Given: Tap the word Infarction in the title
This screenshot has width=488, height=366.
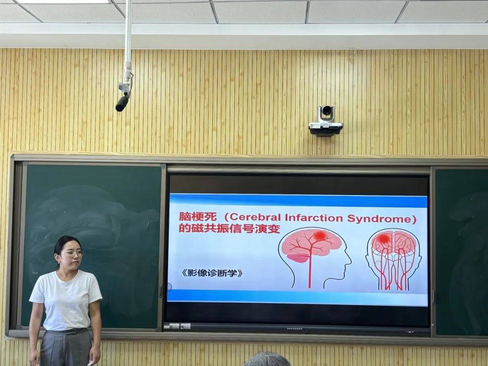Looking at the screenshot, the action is [x=314, y=217].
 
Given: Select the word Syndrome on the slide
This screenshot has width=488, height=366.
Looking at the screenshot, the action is [x=379, y=219].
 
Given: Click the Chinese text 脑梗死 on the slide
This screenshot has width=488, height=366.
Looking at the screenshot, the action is [x=197, y=216].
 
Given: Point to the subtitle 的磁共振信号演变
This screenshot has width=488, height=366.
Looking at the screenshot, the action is [x=230, y=229].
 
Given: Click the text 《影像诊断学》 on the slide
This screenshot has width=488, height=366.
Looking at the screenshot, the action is [x=212, y=273].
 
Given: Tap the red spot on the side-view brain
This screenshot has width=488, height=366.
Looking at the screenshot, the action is [x=319, y=235].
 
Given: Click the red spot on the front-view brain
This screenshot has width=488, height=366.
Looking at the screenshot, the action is [x=385, y=239].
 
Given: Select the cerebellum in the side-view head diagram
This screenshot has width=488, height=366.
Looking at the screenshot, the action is [x=298, y=258].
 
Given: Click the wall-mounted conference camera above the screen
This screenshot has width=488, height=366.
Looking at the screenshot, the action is [x=325, y=121].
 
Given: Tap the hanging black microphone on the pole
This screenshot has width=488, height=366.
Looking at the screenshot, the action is [x=122, y=103].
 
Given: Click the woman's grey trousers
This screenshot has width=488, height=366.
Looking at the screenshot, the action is [x=66, y=347].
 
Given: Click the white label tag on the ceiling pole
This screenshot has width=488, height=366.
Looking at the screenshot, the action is [x=124, y=87].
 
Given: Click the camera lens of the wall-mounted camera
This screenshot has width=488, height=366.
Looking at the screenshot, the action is [x=327, y=110].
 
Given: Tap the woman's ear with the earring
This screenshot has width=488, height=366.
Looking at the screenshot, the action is [x=57, y=258].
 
